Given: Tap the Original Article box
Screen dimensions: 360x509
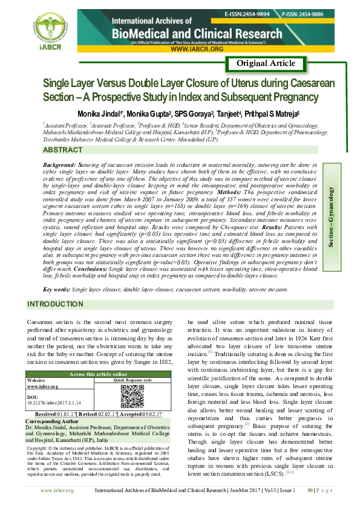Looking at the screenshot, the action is point(266,63).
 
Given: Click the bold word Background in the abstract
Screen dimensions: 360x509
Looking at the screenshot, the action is point(59,164).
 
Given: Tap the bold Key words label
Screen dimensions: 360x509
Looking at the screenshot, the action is point(57,290).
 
